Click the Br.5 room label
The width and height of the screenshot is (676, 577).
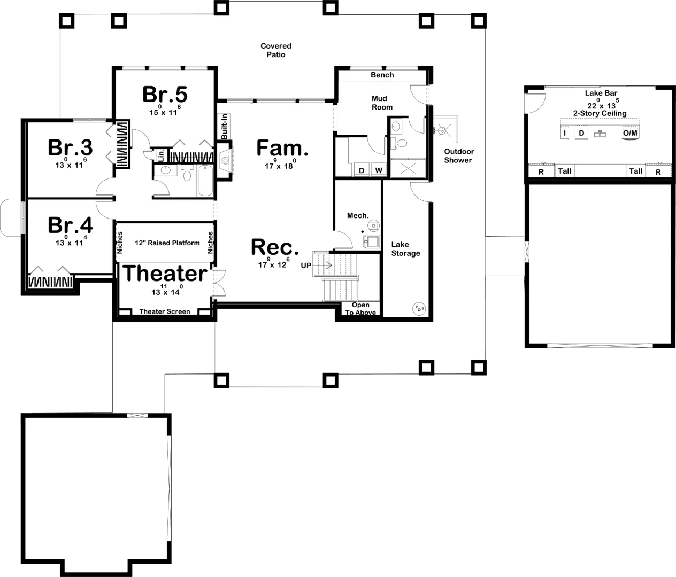pyautogui.click(x=165, y=95)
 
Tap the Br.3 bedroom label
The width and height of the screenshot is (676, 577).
pyautogui.click(x=70, y=147)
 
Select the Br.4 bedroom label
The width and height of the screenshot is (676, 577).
pyautogui.click(x=70, y=225)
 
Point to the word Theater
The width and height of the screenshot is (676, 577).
pyautogui.click(x=165, y=273)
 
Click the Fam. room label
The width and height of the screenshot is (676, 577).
pyautogui.click(x=282, y=148)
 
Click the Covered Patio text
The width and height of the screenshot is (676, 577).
pyautogui.click(x=276, y=50)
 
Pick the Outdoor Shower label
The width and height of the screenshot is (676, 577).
pyautogui.click(x=458, y=156)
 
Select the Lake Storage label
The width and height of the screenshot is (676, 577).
pyautogui.click(x=405, y=249)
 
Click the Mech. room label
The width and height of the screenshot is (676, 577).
pyautogui.click(x=358, y=216)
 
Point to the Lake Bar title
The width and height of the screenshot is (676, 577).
pyautogui.click(x=601, y=93)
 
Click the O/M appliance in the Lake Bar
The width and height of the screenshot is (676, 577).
pyautogui.click(x=630, y=133)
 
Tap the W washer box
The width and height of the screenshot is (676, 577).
pyautogui.click(x=379, y=170)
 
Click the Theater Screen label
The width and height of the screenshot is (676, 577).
pyautogui.click(x=165, y=311)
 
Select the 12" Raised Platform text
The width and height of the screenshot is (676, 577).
pyautogui.click(x=167, y=243)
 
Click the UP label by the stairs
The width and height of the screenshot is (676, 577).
pyautogui.click(x=306, y=266)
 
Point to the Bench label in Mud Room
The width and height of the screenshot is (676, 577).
pyautogui.click(x=382, y=75)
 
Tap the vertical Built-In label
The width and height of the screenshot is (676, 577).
pyautogui.click(x=224, y=127)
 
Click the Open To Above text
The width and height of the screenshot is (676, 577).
pyautogui.click(x=361, y=309)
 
